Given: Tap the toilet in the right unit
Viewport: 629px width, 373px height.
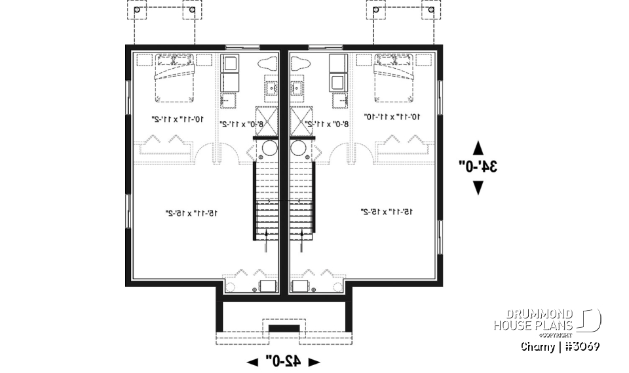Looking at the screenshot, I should (299, 64).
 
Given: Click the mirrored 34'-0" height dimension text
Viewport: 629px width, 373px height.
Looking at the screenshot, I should (479, 167).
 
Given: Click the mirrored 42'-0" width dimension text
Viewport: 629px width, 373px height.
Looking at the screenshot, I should (283, 361).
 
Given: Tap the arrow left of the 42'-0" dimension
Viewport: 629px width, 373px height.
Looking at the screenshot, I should (252, 361).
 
